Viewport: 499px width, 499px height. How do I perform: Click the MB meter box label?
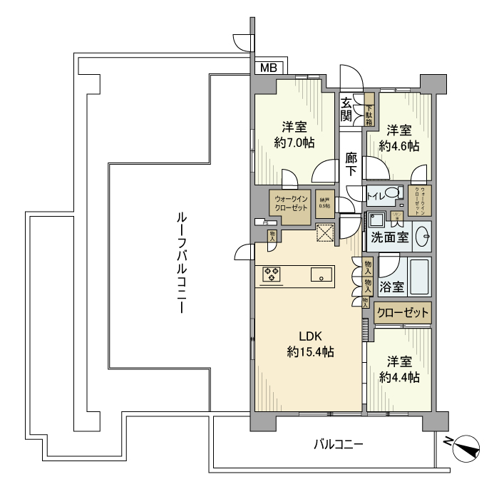269,68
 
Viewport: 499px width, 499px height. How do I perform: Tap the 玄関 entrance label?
346,109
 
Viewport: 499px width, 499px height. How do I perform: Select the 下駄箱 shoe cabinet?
369,110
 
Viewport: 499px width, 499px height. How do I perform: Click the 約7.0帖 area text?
294,143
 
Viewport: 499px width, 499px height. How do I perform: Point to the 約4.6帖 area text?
399,145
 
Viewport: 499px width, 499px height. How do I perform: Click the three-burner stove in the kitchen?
272,274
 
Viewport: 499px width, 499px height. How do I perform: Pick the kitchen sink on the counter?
320,274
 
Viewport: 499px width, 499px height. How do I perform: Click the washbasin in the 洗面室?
423,236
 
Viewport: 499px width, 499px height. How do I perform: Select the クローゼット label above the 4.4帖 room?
403,313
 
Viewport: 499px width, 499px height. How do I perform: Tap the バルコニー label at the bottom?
339,445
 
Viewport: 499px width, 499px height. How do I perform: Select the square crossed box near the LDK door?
326,233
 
